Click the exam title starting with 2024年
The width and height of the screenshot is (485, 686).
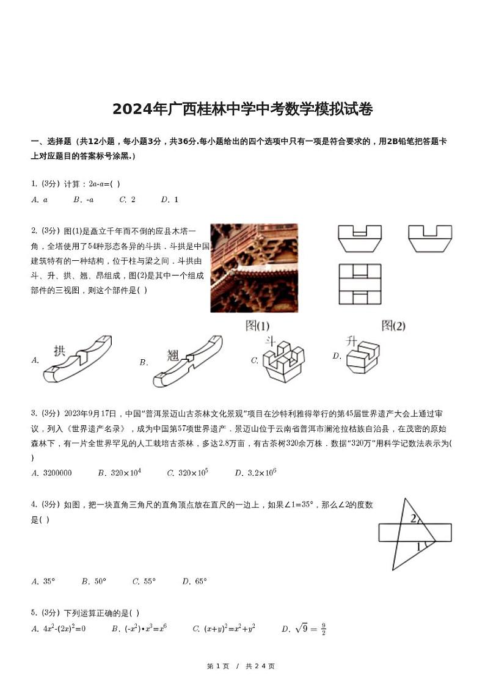pyautogui.click(x=242, y=109)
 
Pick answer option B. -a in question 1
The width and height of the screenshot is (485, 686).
pyautogui.click(x=84, y=199)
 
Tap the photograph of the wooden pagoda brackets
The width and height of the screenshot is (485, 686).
pyautogui.click(x=254, y=268)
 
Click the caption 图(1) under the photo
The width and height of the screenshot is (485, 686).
pyautogui.click(x=257, y=326)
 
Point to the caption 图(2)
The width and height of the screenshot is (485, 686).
pyautogui.click(x=393, y=326)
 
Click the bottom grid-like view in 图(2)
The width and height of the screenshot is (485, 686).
pyautogui.click(x=360, y=284)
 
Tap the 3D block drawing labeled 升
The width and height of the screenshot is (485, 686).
pyautogui.click(x=363, y=357)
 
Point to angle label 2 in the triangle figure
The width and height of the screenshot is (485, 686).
pyautogui.click(x=414, y=519)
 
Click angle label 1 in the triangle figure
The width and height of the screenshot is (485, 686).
pyautogui.click(x=419, y=547)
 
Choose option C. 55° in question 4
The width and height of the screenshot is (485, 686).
pyautogui.click(x=144, y=581)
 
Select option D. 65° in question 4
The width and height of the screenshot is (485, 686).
pyautogui.click(x=194, y=581)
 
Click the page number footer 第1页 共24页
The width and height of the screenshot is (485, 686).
pyautogui.click(x=241, y=666)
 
